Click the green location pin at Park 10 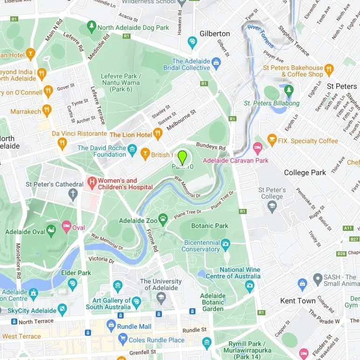coord(182,156)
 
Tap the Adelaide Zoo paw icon coord(163,218)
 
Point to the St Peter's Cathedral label coord(55,184)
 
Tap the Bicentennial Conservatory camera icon coord(226,243)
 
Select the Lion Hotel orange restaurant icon coord(158,134)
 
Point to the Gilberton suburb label coord(215,34)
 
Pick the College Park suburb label coord(305,173)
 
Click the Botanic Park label coord(210,226)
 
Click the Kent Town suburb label coord(298,301)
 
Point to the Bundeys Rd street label coord(210,146)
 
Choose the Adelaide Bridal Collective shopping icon coord(215,62)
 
